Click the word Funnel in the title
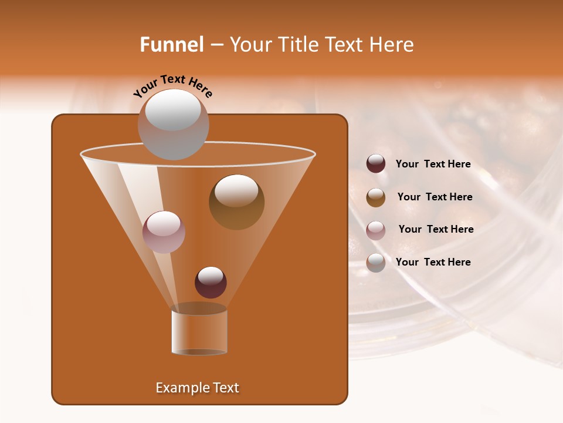click(172, 45)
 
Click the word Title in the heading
click(299, 45)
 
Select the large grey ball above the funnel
click(173, 125)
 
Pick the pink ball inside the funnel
click(164, 232)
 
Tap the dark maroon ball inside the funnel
click(211, 283)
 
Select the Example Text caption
click(198, 388)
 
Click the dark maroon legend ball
click(376, 164)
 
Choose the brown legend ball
click(376, 197)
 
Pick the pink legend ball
click(376, 230)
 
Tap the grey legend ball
click(376, 263)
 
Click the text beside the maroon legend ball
click(433, 164)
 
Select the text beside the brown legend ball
click(435, 197)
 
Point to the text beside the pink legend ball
click(436, 229)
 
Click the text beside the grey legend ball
click(433, 262)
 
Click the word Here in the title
click(392, 45)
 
